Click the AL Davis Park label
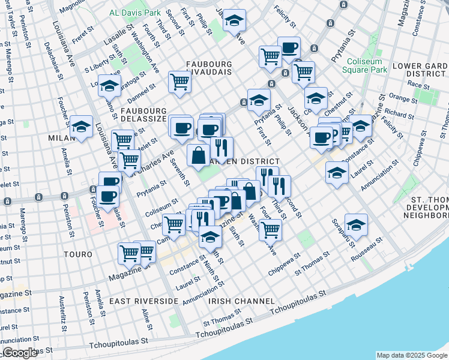click(x=135, y=12)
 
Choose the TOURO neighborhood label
click(x=77, y=254)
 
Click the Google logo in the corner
click(x=20, y=353)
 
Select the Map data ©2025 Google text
click(x=412, y=355)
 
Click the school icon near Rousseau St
click(x=356, y=225)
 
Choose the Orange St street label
click(x=399, y=96)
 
